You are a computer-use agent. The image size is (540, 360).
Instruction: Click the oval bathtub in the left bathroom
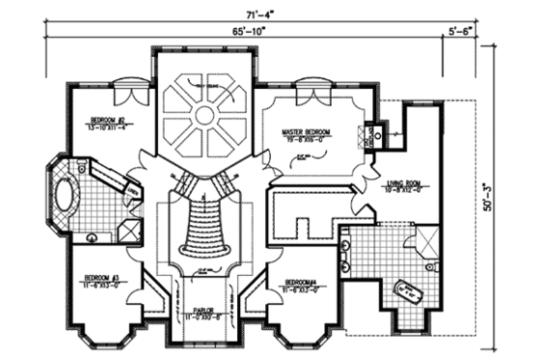coord(66,194)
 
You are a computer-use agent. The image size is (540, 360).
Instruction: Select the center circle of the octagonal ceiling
coord(203,115)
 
